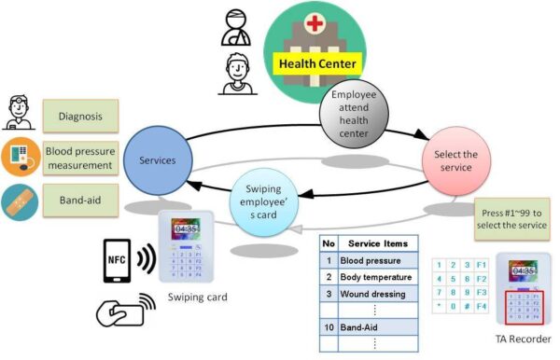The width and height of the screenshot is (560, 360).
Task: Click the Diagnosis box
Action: pyautogui.click(x=79, y=118)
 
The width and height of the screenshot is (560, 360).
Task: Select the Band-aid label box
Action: pyautogui.click(x=80, y=200)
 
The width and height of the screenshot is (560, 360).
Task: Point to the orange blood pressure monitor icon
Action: pyautogui.click(x=19, y=158)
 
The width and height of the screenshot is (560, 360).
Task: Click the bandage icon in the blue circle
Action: pyautogui.click(x=19, y=200)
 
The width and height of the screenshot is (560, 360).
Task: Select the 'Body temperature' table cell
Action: pyautogui.click(x=375, y=277)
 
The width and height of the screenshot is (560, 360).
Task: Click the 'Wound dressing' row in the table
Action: pyautogui.click(x=375, y=294)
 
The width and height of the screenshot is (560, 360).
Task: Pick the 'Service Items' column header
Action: pyautogui.click(x=375, y=244)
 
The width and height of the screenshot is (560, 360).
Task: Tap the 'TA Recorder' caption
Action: pyautogui.click(x=512, y=339)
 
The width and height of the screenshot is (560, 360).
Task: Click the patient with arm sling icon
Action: pyautogui.click(x=233, y=29)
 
